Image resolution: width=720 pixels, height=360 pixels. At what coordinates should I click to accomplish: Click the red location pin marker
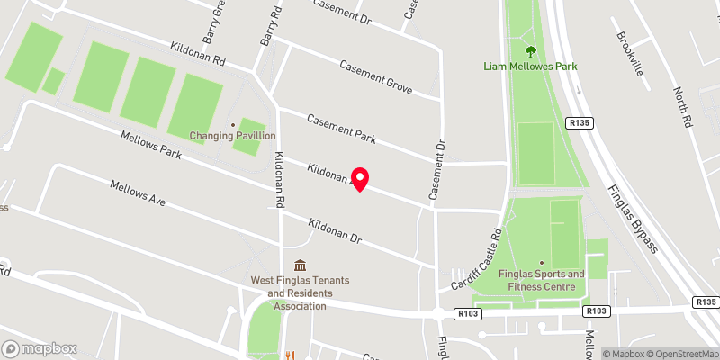coord(360,179)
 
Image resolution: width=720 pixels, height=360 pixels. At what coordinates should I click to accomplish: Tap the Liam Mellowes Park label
coord(529,66)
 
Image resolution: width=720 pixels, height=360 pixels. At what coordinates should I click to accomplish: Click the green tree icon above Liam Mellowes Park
coord(529,50)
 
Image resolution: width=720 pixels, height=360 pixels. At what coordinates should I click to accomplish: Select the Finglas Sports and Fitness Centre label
coord(542,280)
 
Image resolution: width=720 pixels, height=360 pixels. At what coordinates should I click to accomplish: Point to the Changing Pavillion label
coord(232,136)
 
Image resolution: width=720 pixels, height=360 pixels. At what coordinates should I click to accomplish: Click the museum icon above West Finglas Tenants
coord(300,265)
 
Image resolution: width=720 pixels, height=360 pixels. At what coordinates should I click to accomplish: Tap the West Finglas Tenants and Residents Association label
coord(300,293)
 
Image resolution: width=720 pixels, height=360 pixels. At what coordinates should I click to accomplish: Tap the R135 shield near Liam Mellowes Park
coord(578,122)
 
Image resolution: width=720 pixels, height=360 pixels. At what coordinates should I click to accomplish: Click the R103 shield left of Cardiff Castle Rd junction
coord(467,313)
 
